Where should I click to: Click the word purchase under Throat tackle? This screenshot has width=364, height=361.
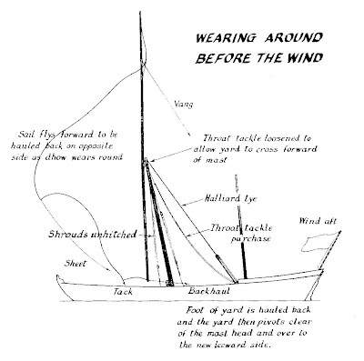click(x=245, y=239)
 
